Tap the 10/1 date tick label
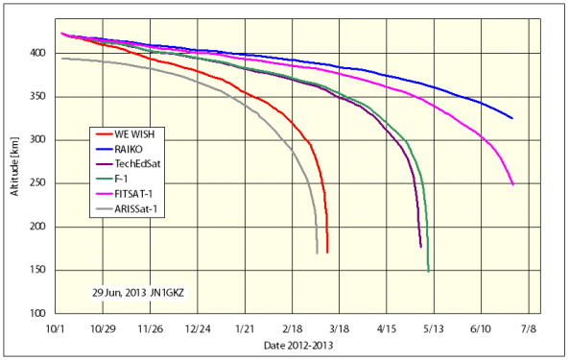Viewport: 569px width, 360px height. pos(56,327)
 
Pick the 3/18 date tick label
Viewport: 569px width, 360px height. pos(339,327)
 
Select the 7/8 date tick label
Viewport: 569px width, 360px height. pos(527,327)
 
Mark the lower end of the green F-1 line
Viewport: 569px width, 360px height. pos(428,271)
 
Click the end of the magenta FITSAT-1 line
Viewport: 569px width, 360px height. pos(512,184)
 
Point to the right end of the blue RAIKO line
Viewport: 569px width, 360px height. pos(512,118)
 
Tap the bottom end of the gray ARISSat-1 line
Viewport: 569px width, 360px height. pos(317,252)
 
